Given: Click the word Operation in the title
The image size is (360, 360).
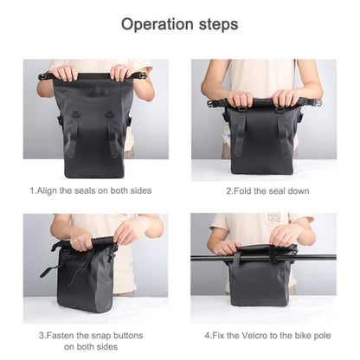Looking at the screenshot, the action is point(157,24).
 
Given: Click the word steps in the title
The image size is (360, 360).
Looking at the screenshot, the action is point(218,25).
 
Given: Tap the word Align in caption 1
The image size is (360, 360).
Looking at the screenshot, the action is point(48,190).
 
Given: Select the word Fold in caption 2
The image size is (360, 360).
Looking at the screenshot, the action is point(242,191).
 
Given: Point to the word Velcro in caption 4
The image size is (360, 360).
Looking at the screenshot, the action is point(254,336).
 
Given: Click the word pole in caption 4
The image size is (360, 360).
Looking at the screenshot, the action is point(321,336).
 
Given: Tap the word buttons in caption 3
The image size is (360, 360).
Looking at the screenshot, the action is point(128,336).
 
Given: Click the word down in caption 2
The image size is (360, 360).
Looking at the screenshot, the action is point(298,191).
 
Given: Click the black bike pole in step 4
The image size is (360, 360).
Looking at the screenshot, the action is point(263,257).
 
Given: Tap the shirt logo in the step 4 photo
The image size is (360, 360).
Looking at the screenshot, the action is point(274,217).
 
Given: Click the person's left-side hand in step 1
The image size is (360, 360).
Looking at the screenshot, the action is point(66,73).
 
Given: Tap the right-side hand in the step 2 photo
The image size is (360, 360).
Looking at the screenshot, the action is point(286,98).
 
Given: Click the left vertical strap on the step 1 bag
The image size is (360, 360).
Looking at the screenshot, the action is point(73,133).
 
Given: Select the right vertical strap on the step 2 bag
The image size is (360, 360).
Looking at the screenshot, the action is point(284,132).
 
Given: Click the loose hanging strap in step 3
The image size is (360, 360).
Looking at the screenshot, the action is point(53,268).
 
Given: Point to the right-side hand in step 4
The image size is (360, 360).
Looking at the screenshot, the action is point(285,235).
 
